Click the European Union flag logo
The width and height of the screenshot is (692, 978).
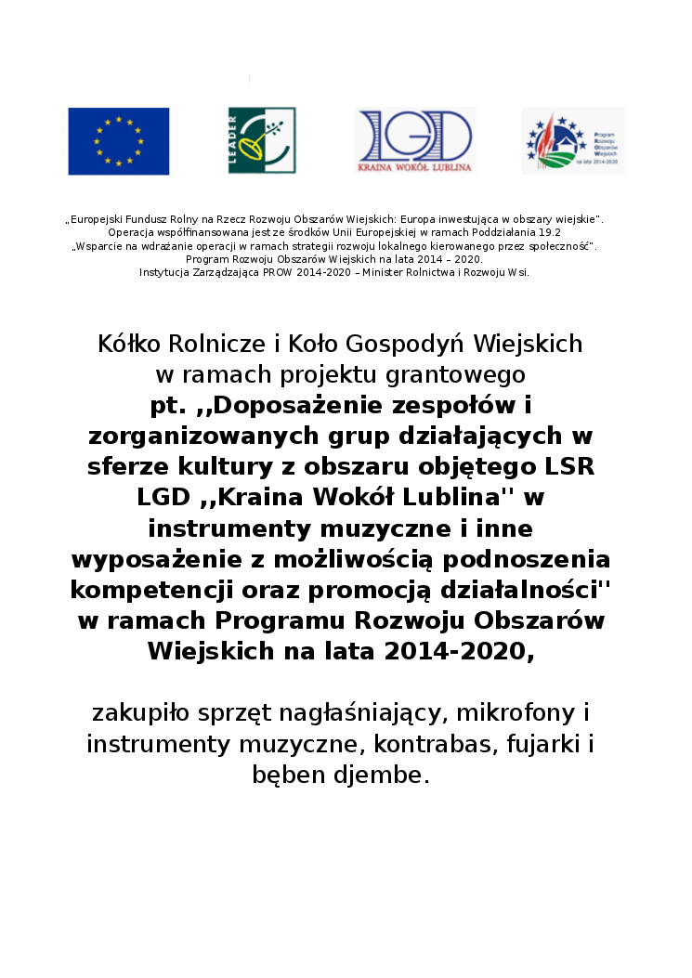coord(118,141)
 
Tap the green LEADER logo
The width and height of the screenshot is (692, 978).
coord(249,140)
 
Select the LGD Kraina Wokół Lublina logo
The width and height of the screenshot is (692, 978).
coord(415,141)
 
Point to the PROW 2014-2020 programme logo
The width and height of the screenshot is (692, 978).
coord(573,141)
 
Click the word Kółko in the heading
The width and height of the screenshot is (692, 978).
coord(129,344)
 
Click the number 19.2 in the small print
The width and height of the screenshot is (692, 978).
coord(547,232)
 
